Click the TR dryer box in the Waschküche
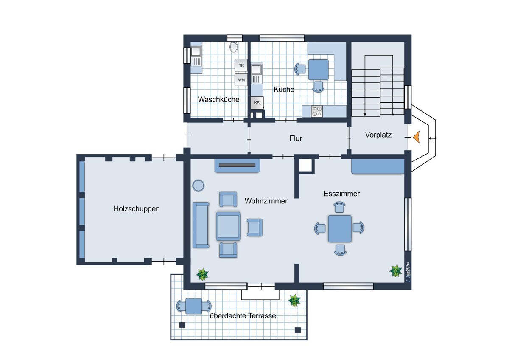pos(241,65)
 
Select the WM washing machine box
pos(241,80)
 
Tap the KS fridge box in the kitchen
pos(257,103)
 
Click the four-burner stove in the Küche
pos(317,111)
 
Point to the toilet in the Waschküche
pos(234,47)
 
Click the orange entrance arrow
pos(416,138)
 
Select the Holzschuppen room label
pos(137,209)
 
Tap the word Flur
pos(296,138)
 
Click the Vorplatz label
pos(378,135)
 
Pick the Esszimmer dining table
pos(340,228)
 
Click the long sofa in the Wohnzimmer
pos(201,225)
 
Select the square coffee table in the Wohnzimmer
pos(228,226)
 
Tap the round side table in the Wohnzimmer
pos(199,186)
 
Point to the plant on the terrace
pos(294,301)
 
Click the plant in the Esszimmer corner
pos(396,271)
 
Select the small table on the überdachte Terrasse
pos(193,306)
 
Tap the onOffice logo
pos(408,272)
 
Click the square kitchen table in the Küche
pos(319,70)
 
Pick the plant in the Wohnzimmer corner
pos(202,275)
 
